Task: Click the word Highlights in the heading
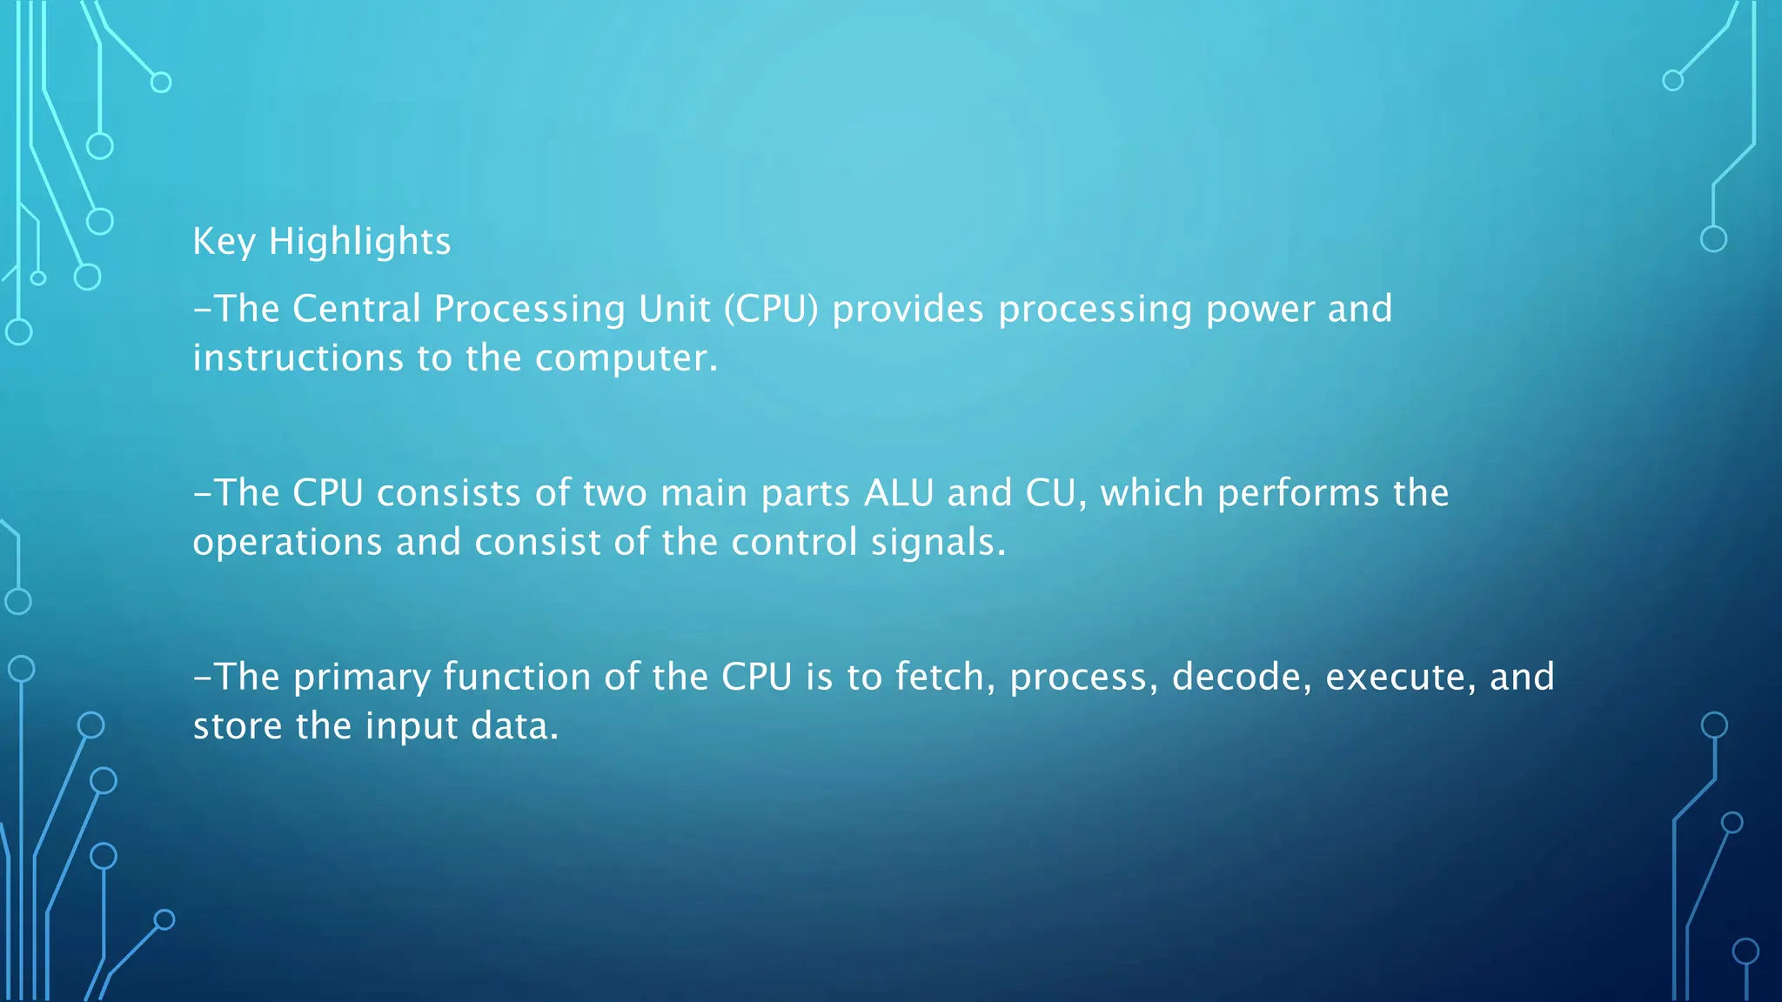click(359, 242)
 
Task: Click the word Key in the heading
click(224, 242)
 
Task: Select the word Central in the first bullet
click(357, 309)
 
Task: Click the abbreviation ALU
click(899, 493)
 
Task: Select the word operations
click(287, 543)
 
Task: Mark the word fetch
click(945, 677)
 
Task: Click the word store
click(238, 726)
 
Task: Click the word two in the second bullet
click(614, 494)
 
